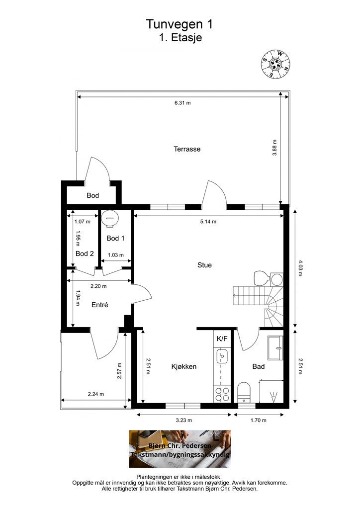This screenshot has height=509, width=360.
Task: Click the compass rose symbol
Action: [275, 64]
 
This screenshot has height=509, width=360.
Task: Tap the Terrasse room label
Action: [187, 149]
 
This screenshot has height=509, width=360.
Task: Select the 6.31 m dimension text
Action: [182, 103]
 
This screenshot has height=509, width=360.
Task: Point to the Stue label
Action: [204, 265]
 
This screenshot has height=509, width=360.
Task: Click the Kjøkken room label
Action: [184, 366]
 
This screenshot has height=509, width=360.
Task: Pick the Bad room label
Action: [259, 366]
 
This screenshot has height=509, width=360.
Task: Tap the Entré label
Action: [99, 305]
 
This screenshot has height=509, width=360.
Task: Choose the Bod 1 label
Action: [115, 238]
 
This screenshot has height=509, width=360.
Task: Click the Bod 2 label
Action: [85, 254]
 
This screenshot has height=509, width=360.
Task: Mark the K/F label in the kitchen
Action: [222, 339]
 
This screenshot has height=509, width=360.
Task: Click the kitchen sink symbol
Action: [222, 356]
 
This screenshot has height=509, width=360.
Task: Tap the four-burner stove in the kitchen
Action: [222, 394]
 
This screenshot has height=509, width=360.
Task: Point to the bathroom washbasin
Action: [275, 347]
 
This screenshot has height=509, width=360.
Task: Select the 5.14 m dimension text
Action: [208, 222]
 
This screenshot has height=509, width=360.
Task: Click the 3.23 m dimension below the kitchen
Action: [184, 420]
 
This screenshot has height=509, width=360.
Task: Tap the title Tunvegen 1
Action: [180, 24]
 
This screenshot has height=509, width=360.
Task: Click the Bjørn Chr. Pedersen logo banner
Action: [180, 449]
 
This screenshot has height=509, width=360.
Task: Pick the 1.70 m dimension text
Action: [259, 420]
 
